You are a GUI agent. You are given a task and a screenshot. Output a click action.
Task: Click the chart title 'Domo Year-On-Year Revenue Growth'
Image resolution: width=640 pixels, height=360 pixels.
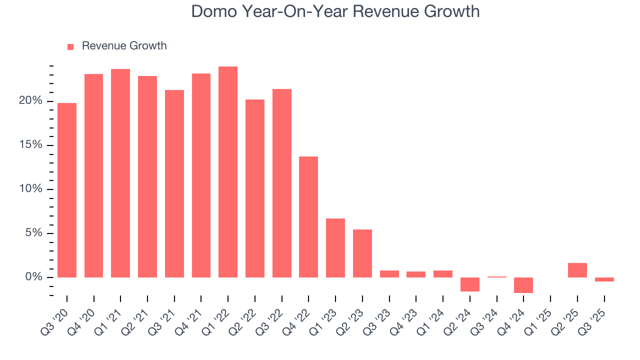point(335,11)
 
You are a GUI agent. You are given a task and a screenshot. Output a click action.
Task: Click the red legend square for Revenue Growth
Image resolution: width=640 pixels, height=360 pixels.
point(70,46)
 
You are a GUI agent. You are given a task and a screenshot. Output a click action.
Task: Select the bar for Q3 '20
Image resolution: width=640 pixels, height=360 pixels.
point(67,190)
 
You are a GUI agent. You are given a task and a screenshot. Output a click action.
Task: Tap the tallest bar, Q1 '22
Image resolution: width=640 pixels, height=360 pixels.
point(228,172)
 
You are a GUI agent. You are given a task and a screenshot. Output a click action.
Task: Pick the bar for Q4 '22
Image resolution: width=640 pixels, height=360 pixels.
point(308,217)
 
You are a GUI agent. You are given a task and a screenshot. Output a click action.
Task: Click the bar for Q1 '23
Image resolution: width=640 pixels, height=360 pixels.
point(335,248)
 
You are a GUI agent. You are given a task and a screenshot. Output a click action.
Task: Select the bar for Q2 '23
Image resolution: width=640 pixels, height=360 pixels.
point(362,253)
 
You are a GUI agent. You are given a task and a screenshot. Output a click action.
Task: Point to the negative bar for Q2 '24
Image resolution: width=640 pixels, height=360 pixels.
point(470,284)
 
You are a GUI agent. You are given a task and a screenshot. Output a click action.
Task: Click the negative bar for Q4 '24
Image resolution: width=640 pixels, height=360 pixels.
point(523,285)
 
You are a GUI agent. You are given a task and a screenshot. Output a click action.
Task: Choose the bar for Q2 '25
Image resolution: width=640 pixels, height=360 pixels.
point(577,270)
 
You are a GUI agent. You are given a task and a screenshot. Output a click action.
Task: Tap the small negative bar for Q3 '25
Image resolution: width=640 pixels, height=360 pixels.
point(604,279)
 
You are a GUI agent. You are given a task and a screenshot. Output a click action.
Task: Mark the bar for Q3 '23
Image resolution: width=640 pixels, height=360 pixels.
point(389,274)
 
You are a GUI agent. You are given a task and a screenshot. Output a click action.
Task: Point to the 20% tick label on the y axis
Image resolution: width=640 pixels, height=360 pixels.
point(30,101)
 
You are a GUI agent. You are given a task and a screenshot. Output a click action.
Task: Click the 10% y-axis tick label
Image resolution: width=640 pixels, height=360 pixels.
point(30,189)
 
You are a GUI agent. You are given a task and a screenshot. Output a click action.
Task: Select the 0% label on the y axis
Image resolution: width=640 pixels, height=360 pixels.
point(33,277)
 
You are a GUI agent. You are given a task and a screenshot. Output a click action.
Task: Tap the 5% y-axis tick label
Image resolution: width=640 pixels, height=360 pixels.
point(33,233)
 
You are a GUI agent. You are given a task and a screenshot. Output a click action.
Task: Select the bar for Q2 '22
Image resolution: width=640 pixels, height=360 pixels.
point(255,188)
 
